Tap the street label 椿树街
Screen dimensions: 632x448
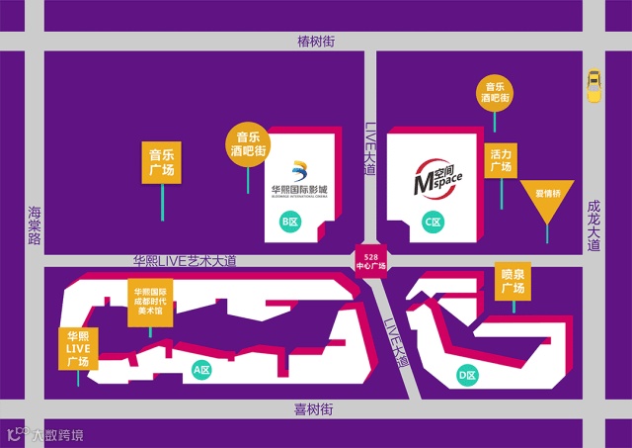tap(316, 41)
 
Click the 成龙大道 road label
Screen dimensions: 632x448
tap(593, 226)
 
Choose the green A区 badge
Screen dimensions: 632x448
tap(201, 370)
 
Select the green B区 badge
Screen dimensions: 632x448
tap(290, 222)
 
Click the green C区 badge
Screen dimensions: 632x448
tap(432, 222)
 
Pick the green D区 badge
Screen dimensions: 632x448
tap(467, 375)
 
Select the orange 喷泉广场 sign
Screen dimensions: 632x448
tap(513, 282)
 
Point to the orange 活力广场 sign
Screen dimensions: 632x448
tap(501, 161)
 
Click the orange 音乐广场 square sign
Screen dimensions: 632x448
tap(161, 162)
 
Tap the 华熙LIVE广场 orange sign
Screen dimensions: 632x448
tap(78, 348)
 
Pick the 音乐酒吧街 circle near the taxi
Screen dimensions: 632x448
tap(495, 92)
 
